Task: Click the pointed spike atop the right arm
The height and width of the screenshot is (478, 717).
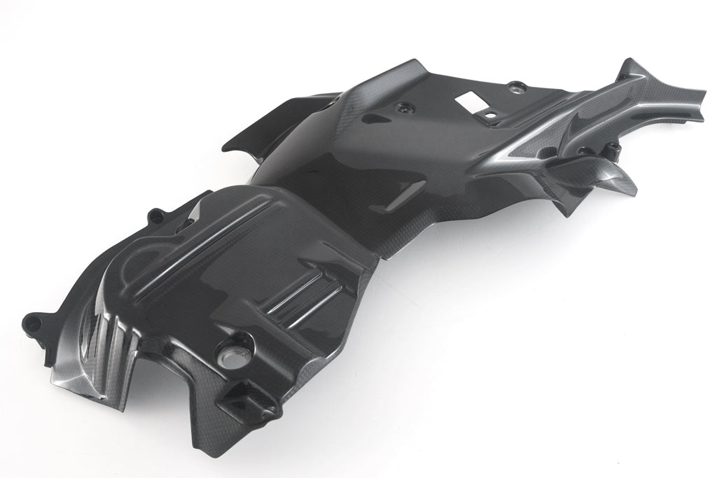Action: click(627, 70)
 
